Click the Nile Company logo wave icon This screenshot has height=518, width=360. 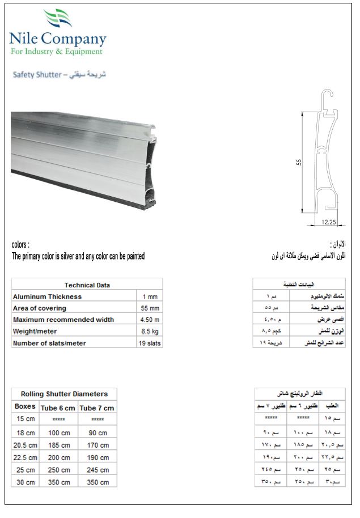tap(58, 19)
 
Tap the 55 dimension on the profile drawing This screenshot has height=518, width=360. tap(299, 162)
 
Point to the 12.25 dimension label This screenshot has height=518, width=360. tap(329, 222)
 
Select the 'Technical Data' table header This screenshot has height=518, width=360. tap(87, 285)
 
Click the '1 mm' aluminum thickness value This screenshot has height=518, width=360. tap(149, 296)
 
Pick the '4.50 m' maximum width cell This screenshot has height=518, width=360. tap(149, 320)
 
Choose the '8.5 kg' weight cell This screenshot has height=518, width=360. tap(149, 331)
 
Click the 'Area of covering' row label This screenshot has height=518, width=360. tap(40, 308)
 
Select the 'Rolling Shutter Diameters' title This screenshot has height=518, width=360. tap(64, 394)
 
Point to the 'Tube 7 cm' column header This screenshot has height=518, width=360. tap(97, 407)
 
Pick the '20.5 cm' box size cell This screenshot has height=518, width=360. tap(26, 445)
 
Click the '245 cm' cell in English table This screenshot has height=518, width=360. tap(98, 470)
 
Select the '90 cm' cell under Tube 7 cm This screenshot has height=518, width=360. tap(98, 432)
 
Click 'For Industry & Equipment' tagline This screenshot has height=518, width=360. tap(57, 52)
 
